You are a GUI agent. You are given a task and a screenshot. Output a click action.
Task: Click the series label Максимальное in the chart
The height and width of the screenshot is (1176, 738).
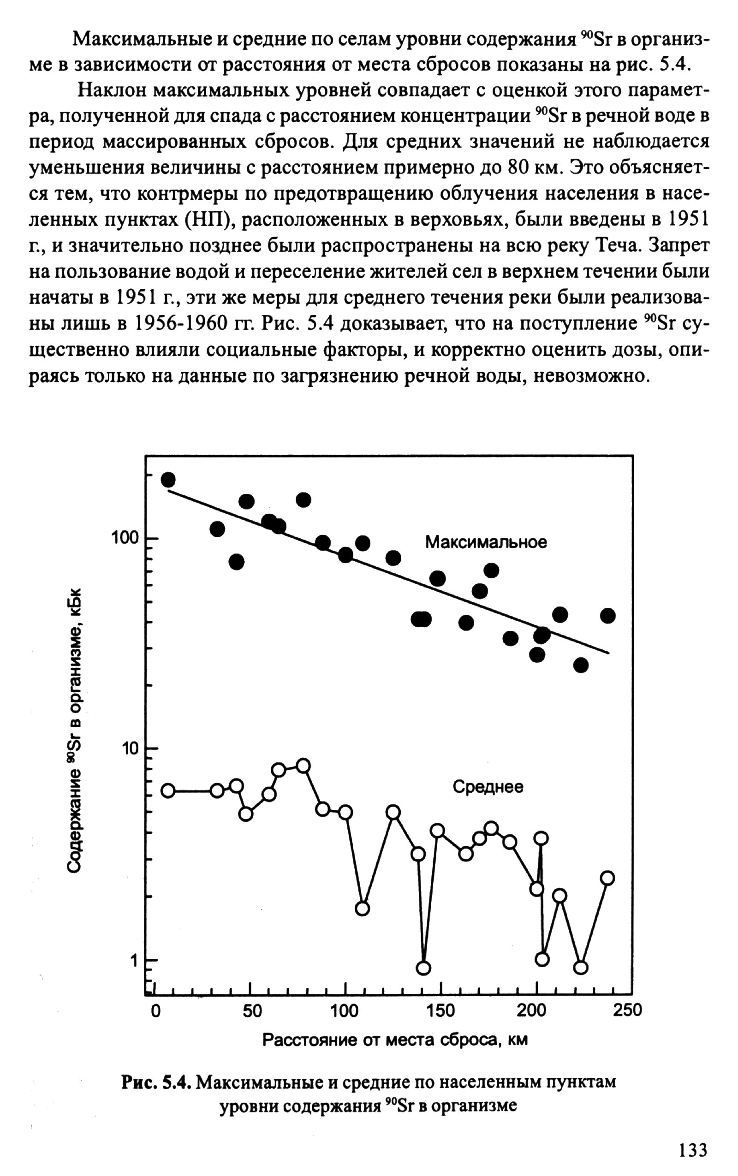click(486, 542)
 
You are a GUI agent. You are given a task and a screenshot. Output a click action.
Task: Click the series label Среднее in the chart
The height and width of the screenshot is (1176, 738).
click(488, 787)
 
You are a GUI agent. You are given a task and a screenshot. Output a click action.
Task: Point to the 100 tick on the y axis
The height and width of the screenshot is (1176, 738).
click(125, 538)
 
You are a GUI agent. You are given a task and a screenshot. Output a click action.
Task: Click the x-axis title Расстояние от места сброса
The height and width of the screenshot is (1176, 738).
click(395, 1040)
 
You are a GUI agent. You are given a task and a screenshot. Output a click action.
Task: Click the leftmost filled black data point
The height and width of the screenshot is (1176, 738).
click(168, 480)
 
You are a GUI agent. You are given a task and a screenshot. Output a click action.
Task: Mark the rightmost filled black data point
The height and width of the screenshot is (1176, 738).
click(607, 616)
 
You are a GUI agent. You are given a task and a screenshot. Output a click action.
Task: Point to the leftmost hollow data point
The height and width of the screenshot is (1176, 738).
click(168, 791)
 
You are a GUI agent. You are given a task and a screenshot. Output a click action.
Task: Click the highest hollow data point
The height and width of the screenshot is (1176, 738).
click(303, 766)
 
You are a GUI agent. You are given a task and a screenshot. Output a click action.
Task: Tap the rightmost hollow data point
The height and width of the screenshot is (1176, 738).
click(607, 879)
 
